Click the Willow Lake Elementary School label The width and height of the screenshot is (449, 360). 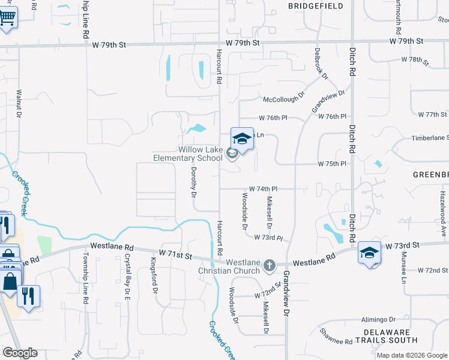[x=200, y=154]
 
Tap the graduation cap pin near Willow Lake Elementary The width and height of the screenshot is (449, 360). [x=242, y=139]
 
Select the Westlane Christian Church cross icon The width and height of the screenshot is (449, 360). [x=270, y=264]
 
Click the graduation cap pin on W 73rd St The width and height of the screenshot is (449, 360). [x=370, y=253]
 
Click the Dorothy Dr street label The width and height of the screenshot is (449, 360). [x=194, y=182]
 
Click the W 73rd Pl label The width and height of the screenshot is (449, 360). [x=268, y=238]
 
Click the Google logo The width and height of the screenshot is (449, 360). [x=20, y=353]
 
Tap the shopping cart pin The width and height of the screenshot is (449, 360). [x=6, y=16]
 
